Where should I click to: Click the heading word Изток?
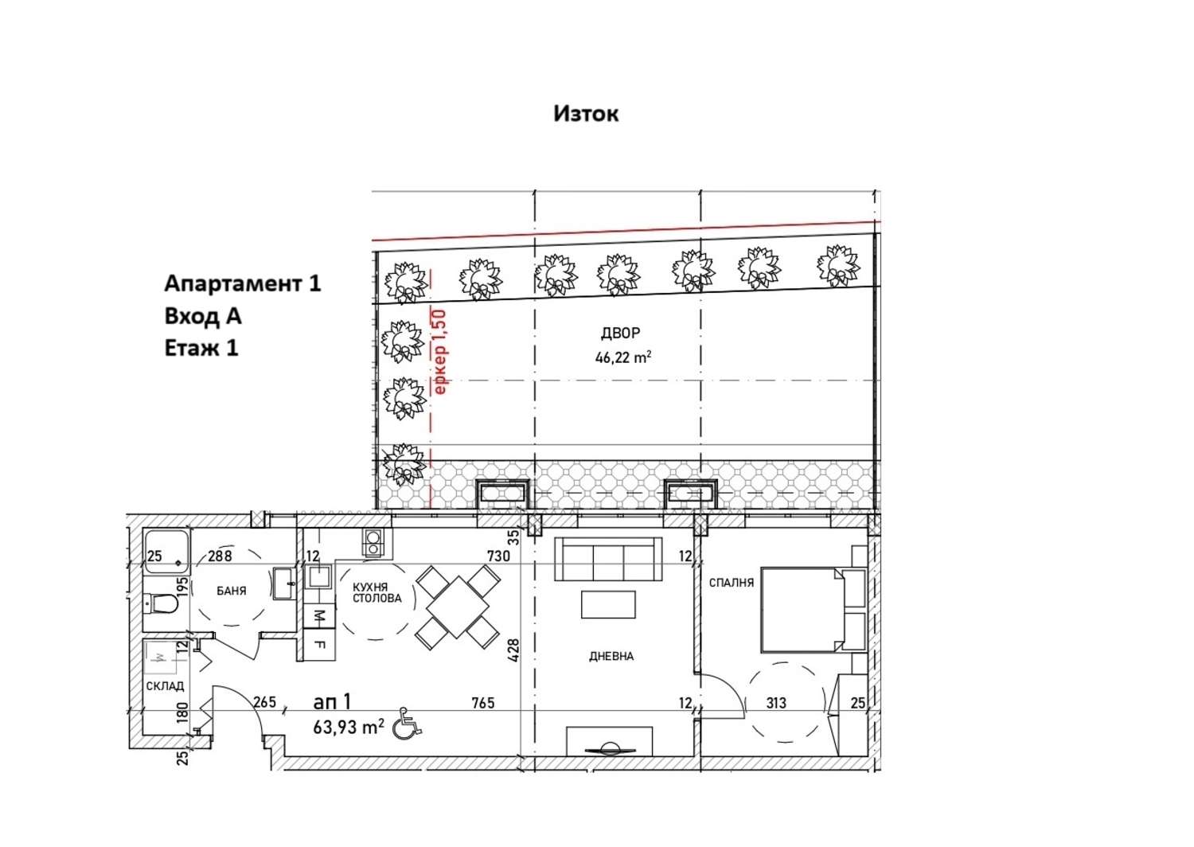click(586, 114)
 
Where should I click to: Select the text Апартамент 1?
click(243, 283)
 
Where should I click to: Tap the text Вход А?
click(202, 316)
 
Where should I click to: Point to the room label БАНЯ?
click(232, 591)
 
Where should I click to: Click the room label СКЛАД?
click(166, 686)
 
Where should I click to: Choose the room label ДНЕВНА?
click(611, 656)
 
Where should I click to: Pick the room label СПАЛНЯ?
click(732, 583)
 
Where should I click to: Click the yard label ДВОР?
click(620, 334)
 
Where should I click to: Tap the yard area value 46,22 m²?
click(623, 357)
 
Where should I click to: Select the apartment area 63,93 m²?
click(349, 727)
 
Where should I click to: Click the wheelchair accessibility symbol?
click(407, 724)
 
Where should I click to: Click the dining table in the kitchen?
click(458, 607)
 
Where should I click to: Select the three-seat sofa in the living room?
click(608, 559)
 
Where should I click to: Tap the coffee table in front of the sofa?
click(608, 604)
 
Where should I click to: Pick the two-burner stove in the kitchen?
click(373, 543)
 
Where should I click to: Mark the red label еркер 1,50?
click(440, 352)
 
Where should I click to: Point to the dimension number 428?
click(513, 650)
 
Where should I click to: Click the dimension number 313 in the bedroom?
click(776, 703)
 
